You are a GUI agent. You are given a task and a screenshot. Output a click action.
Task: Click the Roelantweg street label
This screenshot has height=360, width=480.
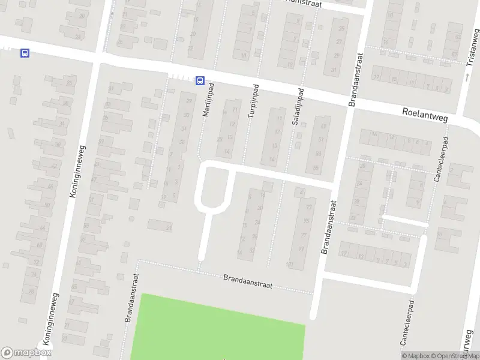point(425,112)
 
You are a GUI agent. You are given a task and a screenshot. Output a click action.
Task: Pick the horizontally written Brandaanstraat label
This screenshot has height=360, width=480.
point(247,281)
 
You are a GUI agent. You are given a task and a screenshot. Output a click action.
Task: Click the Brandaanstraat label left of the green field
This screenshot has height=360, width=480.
point(128,298)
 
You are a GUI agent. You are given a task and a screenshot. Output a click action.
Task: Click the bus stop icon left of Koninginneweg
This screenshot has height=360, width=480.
point(25,53)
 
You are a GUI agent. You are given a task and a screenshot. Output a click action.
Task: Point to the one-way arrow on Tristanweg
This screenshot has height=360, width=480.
point(467,77)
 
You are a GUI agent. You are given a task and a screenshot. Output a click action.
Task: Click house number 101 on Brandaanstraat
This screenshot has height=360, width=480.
point(290,264)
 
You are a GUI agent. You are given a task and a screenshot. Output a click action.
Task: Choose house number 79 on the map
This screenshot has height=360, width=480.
point(302,249)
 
